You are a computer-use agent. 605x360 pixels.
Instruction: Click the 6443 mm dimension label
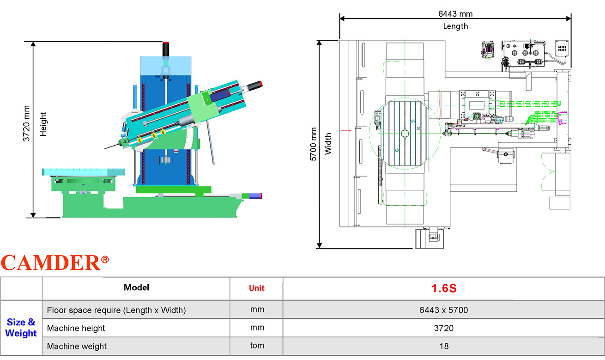[x=455, y=14]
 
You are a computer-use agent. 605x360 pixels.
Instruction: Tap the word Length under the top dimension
[x=455, y=26]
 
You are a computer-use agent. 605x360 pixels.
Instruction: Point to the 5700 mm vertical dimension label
[x=313, y=144]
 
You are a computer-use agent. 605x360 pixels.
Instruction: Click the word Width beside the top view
[x=327, y=144]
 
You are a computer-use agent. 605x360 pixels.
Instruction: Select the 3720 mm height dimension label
[x=26, y=123]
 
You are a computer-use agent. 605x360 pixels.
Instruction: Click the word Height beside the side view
[x=43, y=124]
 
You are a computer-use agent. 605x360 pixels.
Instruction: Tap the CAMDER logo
[x=55, y=262]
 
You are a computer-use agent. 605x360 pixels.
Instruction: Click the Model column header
[x=136, y=287]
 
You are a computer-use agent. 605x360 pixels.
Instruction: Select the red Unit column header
[x=257, y=288]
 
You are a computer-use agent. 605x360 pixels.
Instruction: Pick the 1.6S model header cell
[x=444, y=288]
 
